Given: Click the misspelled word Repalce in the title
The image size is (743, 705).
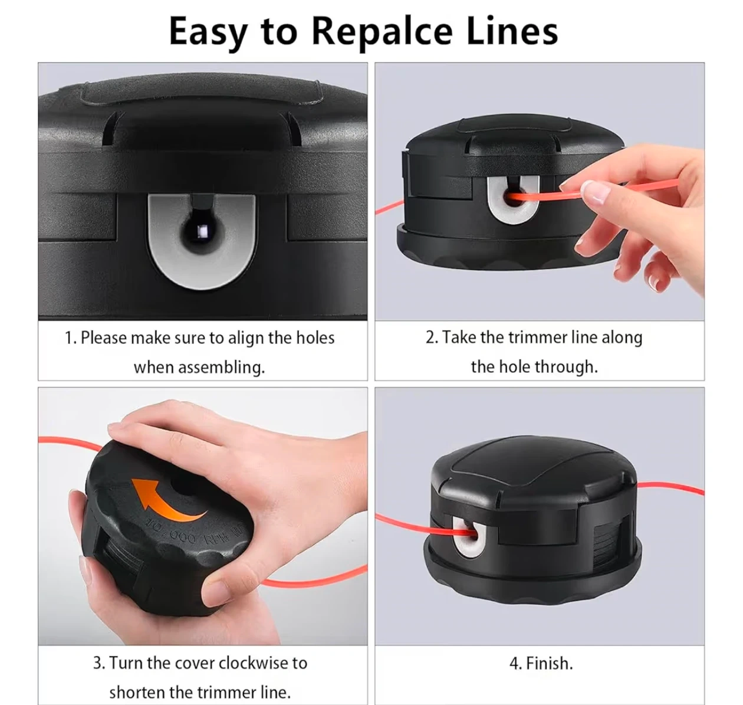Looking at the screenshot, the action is pyautogui.click(x=382, y=32).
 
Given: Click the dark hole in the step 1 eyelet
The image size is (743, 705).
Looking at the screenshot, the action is pyautogui.click(x=202, y=230).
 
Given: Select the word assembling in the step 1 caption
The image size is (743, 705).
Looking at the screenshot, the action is pyautogui.click(x=221, y=368).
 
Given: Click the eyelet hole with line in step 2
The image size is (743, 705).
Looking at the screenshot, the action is pyautogui.click(x=514, y=198).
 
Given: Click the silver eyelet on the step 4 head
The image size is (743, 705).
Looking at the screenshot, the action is pyautogui.click(x=469, y=538).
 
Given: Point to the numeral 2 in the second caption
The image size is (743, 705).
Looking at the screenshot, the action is pyautogui.click(x=430, y=337).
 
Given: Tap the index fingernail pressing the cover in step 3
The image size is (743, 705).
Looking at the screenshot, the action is pyautogui.click(x=115, y=429).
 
